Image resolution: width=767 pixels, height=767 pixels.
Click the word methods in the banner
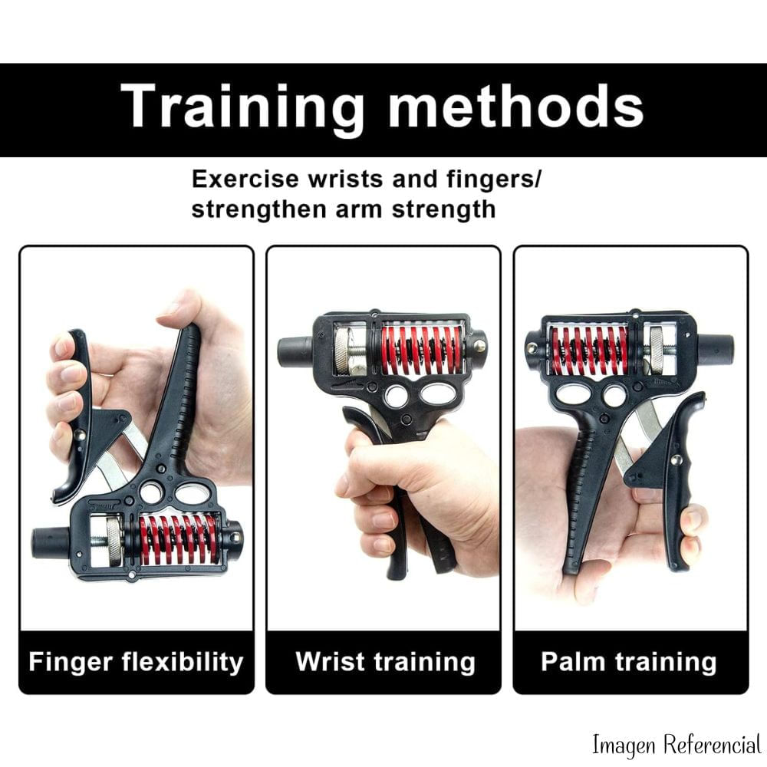(516, 105)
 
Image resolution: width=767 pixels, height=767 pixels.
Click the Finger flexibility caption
(136, 662)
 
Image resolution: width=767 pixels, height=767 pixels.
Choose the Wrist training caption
(386, 662)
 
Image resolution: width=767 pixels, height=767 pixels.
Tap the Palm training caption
(629, 662)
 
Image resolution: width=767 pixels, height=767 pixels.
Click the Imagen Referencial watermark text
(676, 746)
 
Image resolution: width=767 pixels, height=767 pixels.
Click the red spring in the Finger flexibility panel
(179, 538)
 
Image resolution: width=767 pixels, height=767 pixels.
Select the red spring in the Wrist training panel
(422, 349)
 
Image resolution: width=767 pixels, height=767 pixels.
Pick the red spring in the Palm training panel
(589, 349)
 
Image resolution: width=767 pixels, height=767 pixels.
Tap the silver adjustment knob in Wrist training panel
(347, 351)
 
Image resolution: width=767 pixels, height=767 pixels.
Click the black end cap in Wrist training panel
(295, 351)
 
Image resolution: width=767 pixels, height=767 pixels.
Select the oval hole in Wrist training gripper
(437, 393)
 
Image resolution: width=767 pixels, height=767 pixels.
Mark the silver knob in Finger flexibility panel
(115, 541)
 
